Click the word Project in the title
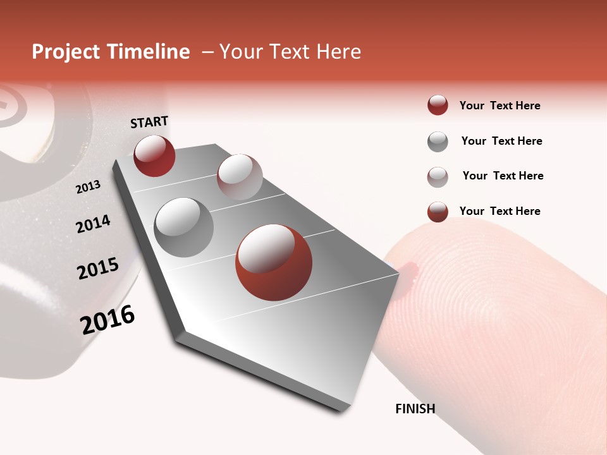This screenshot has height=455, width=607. tap(66, 52)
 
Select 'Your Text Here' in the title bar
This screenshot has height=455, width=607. tap(290, 52)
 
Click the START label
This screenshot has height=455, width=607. tap(149, 122)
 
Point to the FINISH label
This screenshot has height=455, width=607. tap(415, 409)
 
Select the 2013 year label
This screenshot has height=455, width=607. tap(88, 187)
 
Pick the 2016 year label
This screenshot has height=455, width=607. tap(107, 320)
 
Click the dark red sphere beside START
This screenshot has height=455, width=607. tap(154, 155)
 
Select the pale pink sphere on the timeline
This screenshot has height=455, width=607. tap(240, 177)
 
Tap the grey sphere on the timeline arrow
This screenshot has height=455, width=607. tap(184, 227)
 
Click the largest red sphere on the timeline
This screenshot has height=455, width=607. tap(274, 262)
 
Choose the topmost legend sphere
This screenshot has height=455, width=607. tap(438, 106)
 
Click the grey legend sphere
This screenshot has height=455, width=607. tap(438, 142)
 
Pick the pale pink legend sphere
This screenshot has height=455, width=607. tap(438, 177)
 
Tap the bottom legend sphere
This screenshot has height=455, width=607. tap(438, 212)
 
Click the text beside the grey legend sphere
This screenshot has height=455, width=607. tap(501, 141)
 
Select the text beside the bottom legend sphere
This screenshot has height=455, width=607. tap(500, 211)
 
